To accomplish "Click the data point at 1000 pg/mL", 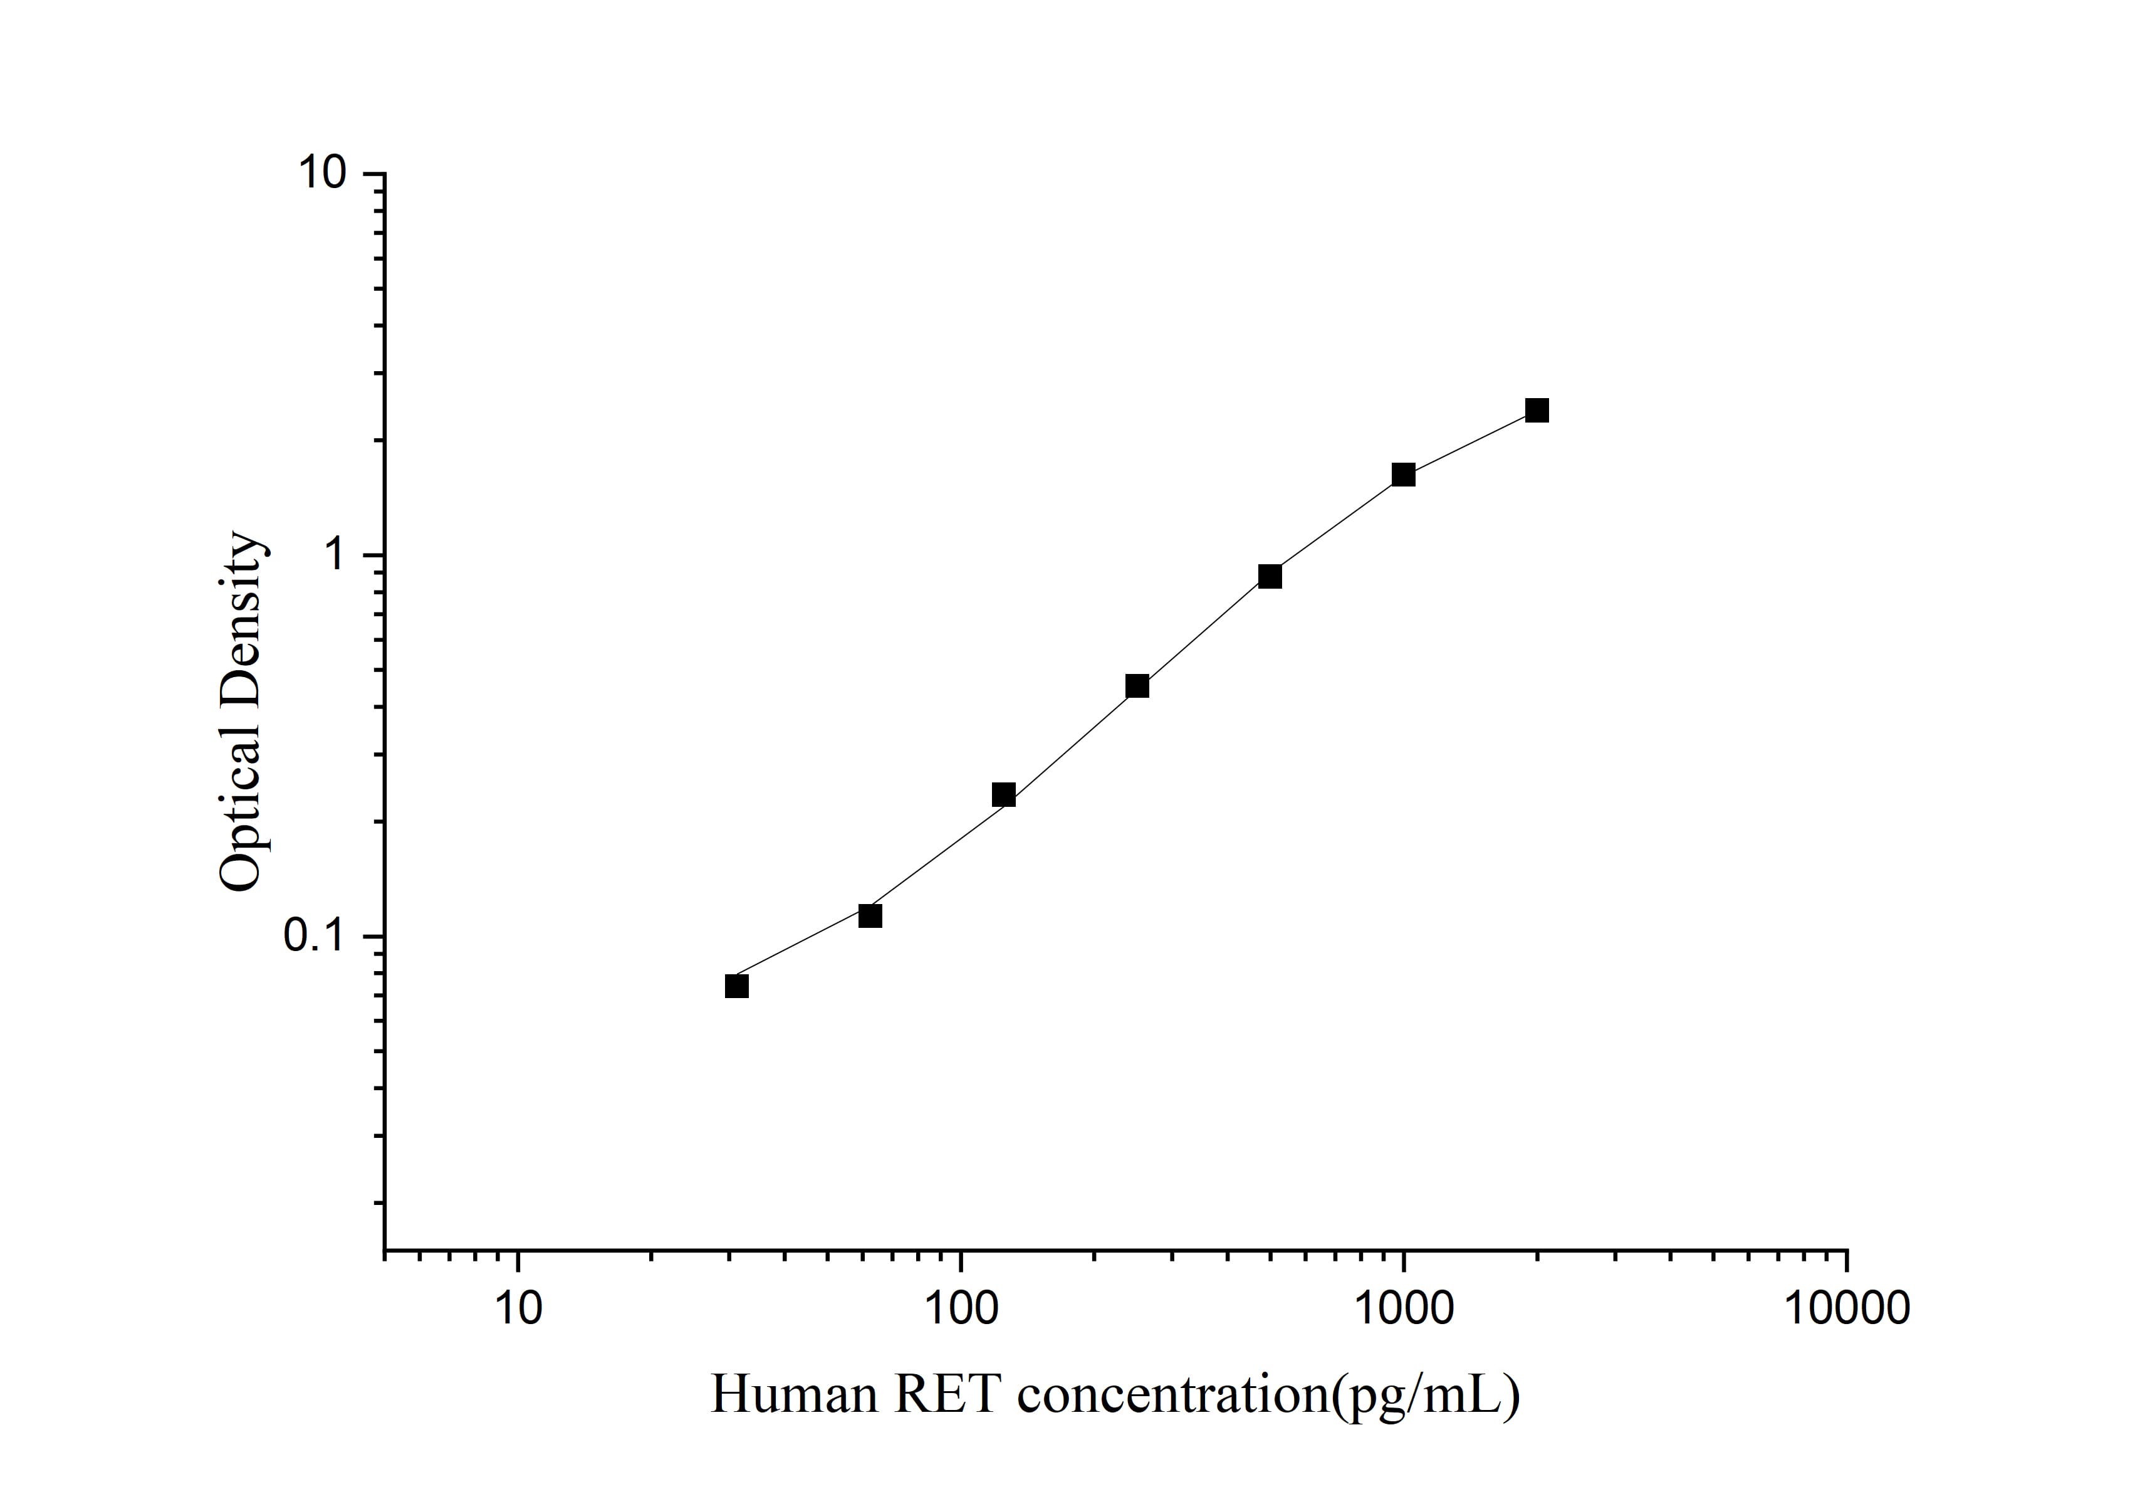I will point(1403,475).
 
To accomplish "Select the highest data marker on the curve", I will point(1537,410).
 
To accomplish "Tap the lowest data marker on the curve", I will point(736,986).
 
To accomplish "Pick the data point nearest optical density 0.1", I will point(870,916).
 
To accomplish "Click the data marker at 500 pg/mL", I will point(1270,577).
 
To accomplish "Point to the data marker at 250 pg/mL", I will point(1137,686).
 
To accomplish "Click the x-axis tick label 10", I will point(518,1309).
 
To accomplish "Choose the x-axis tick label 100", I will point(961,1309).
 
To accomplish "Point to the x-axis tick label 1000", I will point(1403,1309).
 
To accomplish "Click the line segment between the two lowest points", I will point(803,951).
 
